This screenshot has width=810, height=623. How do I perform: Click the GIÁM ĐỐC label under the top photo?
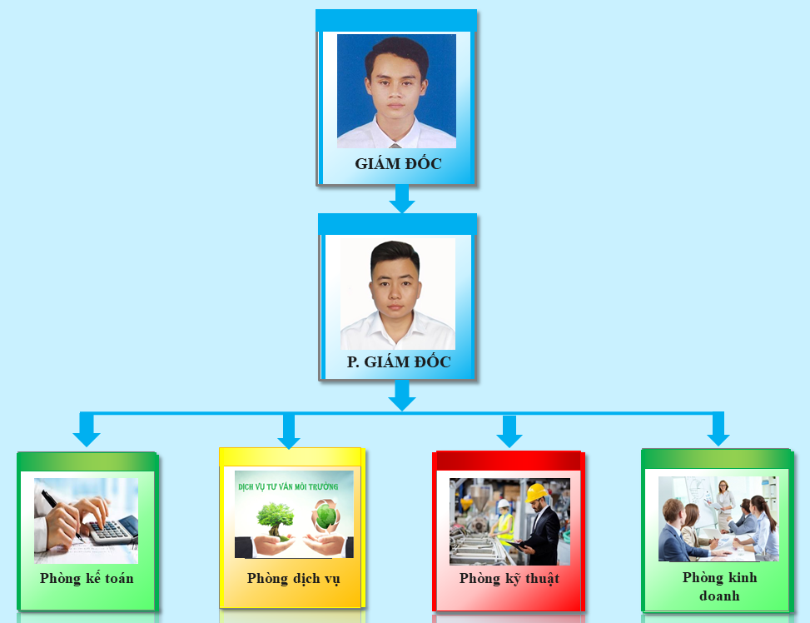[x=398, y=163]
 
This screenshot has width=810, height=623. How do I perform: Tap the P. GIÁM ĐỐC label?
[x=399, y=361]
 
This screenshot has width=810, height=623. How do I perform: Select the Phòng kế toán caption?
[x=87, y=578]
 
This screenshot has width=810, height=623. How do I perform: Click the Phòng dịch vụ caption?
[x=293, y=578]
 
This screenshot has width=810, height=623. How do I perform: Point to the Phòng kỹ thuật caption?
[x=509, y=578]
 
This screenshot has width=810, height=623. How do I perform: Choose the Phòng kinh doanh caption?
[x=719, y=586]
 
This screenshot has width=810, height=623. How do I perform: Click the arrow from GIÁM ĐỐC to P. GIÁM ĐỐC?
[x=402, y=198]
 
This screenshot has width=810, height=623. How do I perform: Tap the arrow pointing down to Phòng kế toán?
[x=87, y=429]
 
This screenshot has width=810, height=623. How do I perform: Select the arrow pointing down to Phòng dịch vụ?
[x=289, y=431]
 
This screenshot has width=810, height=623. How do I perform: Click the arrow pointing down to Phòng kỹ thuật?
[x=509, y=431]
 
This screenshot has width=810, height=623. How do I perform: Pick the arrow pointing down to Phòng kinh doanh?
[x=718, y=429]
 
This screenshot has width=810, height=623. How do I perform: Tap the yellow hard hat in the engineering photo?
[x=536, y=492]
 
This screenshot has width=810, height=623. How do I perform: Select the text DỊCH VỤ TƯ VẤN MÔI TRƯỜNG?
[x=288, y=486]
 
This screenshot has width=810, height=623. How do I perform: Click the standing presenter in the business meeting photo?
[x=724, y=504]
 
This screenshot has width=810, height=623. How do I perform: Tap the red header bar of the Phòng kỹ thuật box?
[x=509, y=461]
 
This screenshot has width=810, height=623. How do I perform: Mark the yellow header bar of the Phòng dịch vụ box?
[x=291, y=457]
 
